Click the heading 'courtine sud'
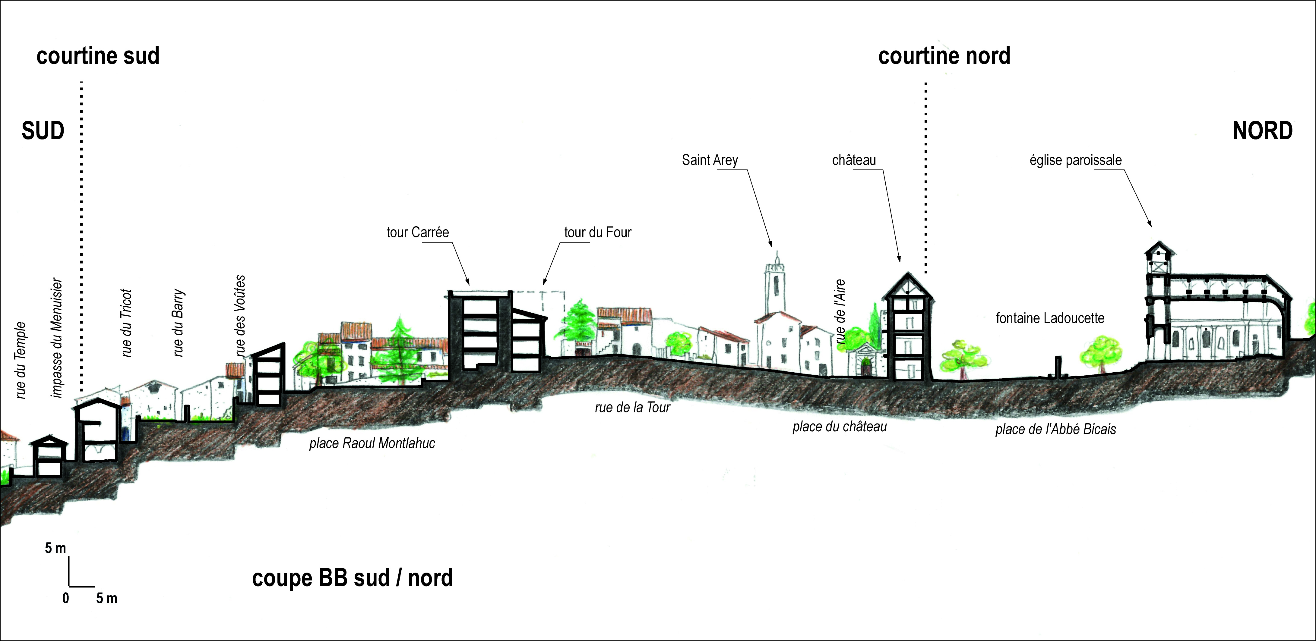(x=98, y=56)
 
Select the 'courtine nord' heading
(x=944, y=56)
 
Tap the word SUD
(x=43, y=131)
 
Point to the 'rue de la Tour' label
(x=632, y=407)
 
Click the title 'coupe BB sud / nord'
(x=353, y=578)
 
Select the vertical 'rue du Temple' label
(x=21, y=360)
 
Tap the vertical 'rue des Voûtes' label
(x=240, y=316)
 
